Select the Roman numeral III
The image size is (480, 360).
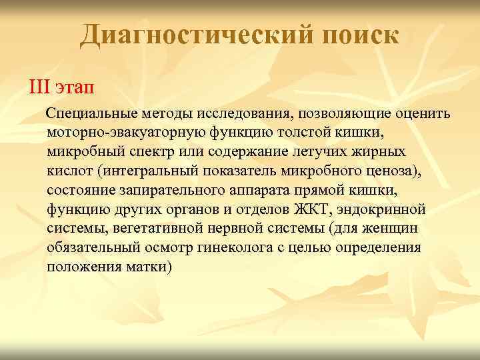[x=39, y=88]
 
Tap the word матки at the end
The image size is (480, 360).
[x=150, y=267]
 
